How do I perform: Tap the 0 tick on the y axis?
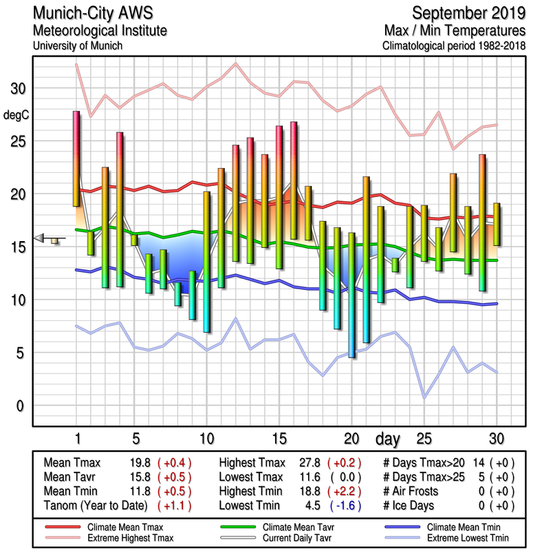[x=20, y=406]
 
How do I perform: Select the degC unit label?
[x=17, y=115]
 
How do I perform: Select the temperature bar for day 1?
[x=76, y=158]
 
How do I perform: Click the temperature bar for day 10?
[x=206, y=262]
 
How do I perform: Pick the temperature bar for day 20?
[x=351, y=295]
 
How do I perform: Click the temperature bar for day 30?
[x=497, y=225]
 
